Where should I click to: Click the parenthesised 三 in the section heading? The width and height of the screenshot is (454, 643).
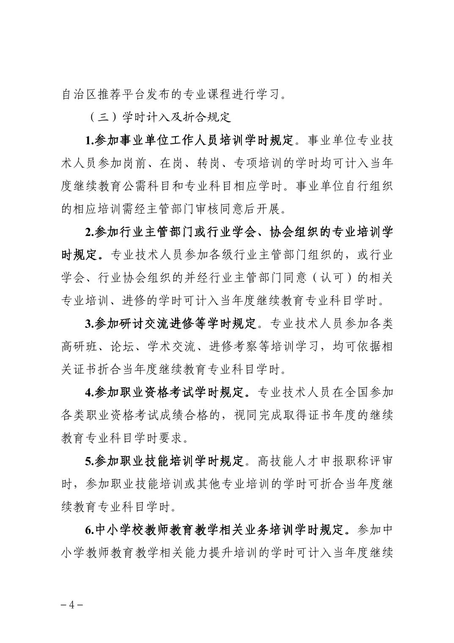(102, 117)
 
